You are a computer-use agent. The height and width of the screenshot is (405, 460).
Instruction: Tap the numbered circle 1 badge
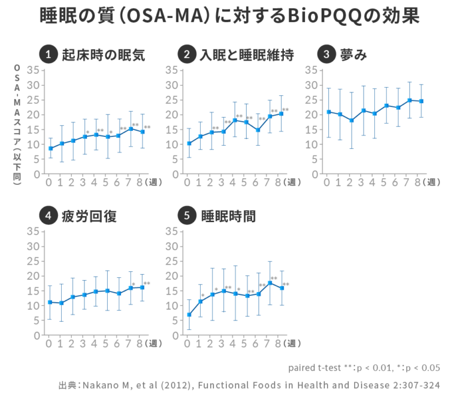pos(48,55)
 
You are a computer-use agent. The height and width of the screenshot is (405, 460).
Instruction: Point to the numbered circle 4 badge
pos(48,216)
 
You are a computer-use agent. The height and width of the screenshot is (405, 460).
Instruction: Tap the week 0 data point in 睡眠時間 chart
pos(189,314)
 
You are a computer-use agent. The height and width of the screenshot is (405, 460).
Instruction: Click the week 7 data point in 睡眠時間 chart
pos(270,283)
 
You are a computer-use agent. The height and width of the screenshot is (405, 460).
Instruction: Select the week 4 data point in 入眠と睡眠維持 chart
pos(235,120)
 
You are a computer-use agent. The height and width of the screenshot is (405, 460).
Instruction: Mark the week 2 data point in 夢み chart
pos(352,120)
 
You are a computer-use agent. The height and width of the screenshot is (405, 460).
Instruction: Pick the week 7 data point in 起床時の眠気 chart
pos(131,129)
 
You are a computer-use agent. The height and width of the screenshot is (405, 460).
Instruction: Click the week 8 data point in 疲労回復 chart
pos(143,287)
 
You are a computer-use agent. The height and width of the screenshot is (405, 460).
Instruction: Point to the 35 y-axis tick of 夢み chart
pos(311,70)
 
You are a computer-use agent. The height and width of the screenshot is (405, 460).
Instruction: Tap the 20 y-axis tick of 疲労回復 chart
pos(34,276)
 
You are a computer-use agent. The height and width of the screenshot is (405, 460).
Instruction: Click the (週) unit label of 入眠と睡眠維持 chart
pos(293,182)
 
